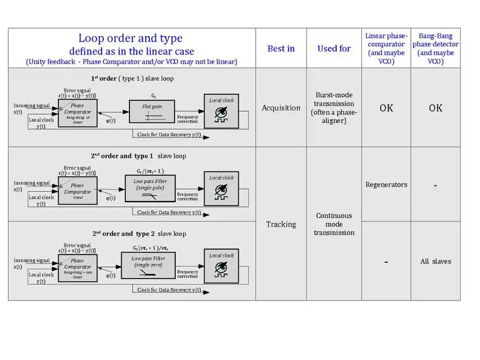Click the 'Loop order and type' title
131,39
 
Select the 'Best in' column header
281,48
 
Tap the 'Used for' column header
334,48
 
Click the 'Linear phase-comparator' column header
386,48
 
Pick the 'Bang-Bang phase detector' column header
436,48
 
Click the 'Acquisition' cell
281,108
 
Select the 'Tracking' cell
281,224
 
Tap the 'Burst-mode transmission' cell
334,108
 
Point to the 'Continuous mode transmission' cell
334,224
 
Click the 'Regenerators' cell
386,185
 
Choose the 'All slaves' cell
436,261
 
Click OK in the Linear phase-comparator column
386,109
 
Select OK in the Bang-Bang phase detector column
436,109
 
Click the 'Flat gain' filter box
152,113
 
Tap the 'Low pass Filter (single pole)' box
152,188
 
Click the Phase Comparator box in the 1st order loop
77,112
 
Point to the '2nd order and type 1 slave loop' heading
139,155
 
